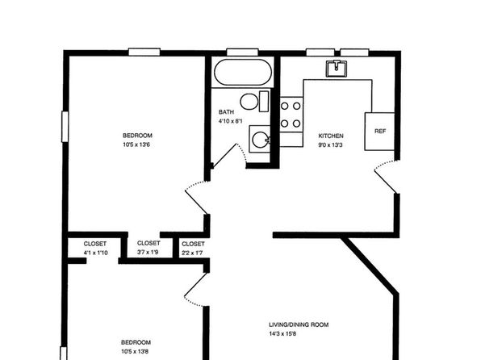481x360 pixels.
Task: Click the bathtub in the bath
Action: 243,72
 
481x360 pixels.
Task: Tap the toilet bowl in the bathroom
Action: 249,102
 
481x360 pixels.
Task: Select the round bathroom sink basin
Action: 260,140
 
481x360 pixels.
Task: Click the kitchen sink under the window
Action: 337,68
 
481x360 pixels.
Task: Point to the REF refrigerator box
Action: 379,132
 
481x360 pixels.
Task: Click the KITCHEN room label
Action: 331,136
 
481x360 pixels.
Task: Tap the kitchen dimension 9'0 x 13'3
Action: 330,145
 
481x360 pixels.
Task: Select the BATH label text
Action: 226,112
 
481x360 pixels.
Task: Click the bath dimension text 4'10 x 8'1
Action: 230,121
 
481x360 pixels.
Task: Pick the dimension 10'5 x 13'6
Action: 136,144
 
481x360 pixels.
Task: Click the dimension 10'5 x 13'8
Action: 135,352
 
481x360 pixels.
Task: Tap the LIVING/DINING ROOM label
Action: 299,324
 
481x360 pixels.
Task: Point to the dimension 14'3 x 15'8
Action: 282,334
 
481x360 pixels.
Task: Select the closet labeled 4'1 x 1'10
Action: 95,253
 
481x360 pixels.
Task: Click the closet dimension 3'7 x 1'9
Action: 148,253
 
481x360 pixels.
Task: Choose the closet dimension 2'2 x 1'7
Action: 192,253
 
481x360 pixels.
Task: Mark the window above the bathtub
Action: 242,52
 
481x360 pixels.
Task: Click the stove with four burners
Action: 291,115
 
